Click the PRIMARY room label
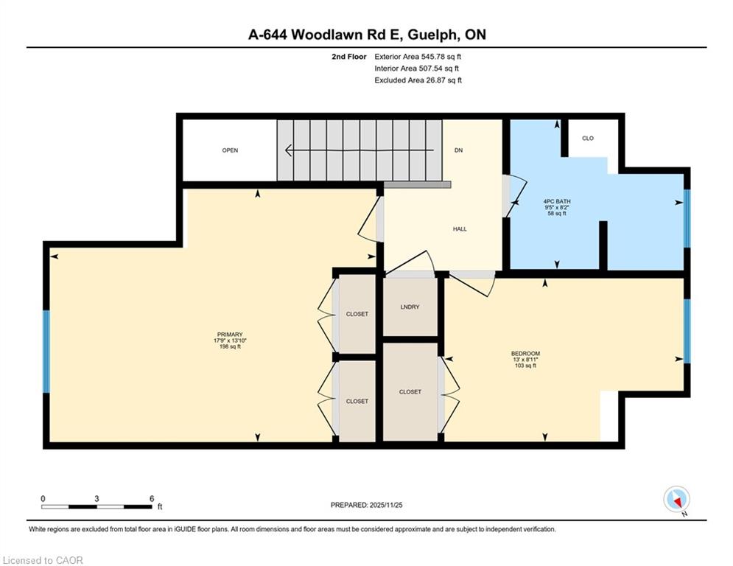tap(230, 335)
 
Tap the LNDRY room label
tap(410, 307)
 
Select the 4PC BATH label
tap(557, 202)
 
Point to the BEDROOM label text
tap(525, 354)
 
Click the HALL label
tap(460, 229)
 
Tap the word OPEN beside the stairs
tap(230, 150)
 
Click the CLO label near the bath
tap(588, 138)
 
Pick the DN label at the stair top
tap(459, 150)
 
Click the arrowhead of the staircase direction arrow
tap(289, 150)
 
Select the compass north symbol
tap(676, 500)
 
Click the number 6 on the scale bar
tap(152, 499)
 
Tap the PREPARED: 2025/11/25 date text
tap(367, 505)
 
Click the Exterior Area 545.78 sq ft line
tap(418, 57)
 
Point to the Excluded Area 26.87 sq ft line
tap(418, 80)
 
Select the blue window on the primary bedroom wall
tap(46, 352)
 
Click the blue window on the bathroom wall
tap(687, 218)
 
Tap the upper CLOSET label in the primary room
tap(357, 315)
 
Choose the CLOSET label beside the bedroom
tap(410, 392)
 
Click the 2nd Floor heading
tap(349, 57)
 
